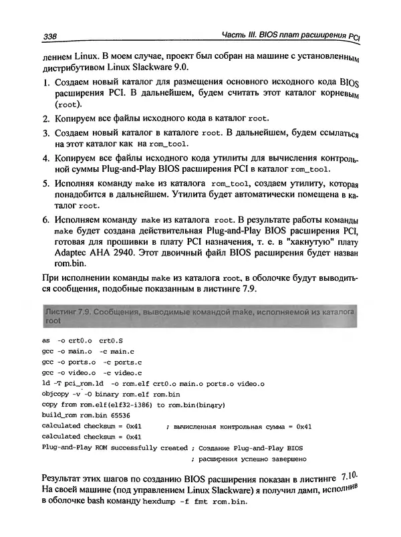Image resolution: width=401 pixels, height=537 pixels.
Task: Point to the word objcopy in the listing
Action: (57, 394)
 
